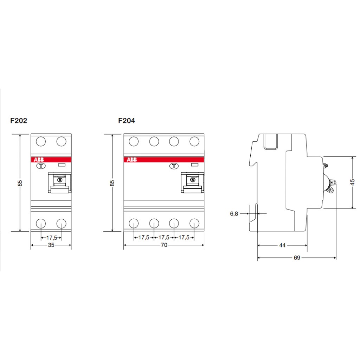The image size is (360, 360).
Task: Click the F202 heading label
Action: click(x=19, y=121)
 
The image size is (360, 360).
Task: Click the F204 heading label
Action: click(x=127, y=121)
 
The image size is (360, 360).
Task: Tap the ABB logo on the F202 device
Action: click(x=39, y=160)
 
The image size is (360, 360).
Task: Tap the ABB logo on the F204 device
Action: click(x=132, y=160)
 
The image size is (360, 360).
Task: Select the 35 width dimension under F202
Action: click(x=51, y=245)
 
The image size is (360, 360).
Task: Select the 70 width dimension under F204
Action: click(x=164, y=245)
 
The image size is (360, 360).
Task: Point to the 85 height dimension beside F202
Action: click(x=20, y=183)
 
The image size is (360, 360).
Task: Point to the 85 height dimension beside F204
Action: click(x=112, y=183)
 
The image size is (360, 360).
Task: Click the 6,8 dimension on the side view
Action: click(x=234, y=214)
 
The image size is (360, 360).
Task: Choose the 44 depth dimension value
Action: click(x=282, y=245)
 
